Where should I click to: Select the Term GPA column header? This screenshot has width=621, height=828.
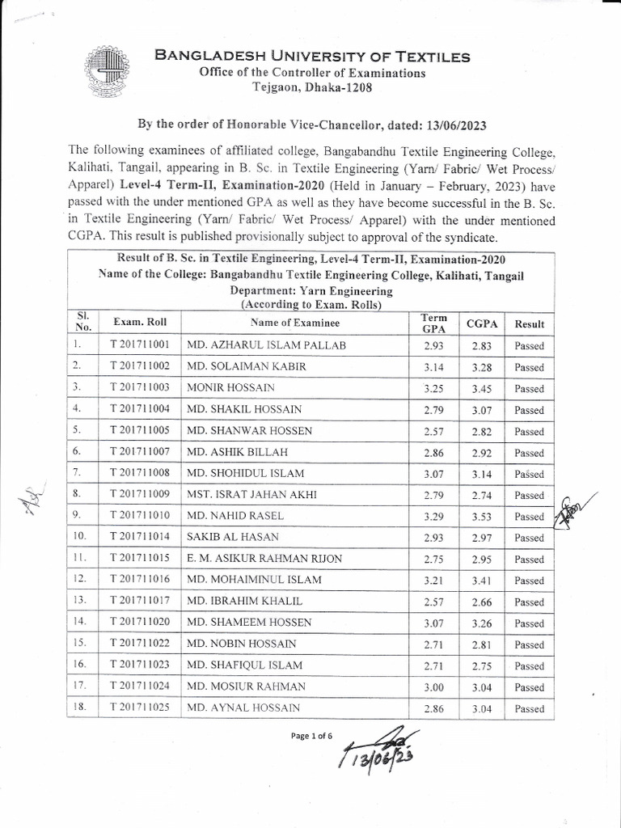pos(428,323)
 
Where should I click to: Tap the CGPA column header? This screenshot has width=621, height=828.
pos(482,323)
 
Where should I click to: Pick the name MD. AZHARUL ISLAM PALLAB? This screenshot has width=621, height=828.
pos(266,345)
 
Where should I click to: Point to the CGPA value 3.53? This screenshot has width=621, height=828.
pos(482,517)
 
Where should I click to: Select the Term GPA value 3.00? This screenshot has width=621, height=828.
pos(428,687)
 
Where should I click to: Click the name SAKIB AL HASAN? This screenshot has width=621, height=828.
pos(234,538)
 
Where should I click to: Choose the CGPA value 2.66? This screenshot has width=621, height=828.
pos(482,602)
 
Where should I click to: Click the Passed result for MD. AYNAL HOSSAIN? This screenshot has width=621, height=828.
pos(529,709)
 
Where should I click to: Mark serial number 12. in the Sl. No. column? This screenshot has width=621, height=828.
pos(78,581)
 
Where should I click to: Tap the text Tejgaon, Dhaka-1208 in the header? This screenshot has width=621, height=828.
pos(310,87)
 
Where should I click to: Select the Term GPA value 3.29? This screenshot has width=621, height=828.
pos(428,517)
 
